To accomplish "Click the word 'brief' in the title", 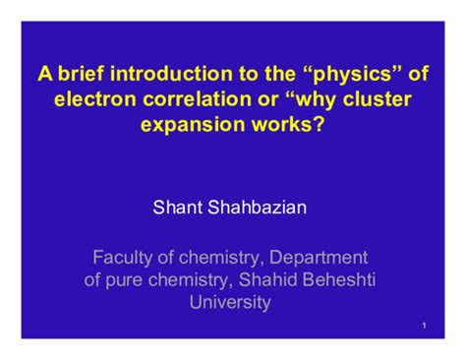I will click(x=77, y=75).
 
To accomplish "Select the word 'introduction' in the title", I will click(x=165, y=75).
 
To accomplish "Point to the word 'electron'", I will click(x=95, y=100).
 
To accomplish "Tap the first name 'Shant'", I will click(x=176, y=207).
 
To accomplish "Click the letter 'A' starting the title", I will click(x=45, y=75).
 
